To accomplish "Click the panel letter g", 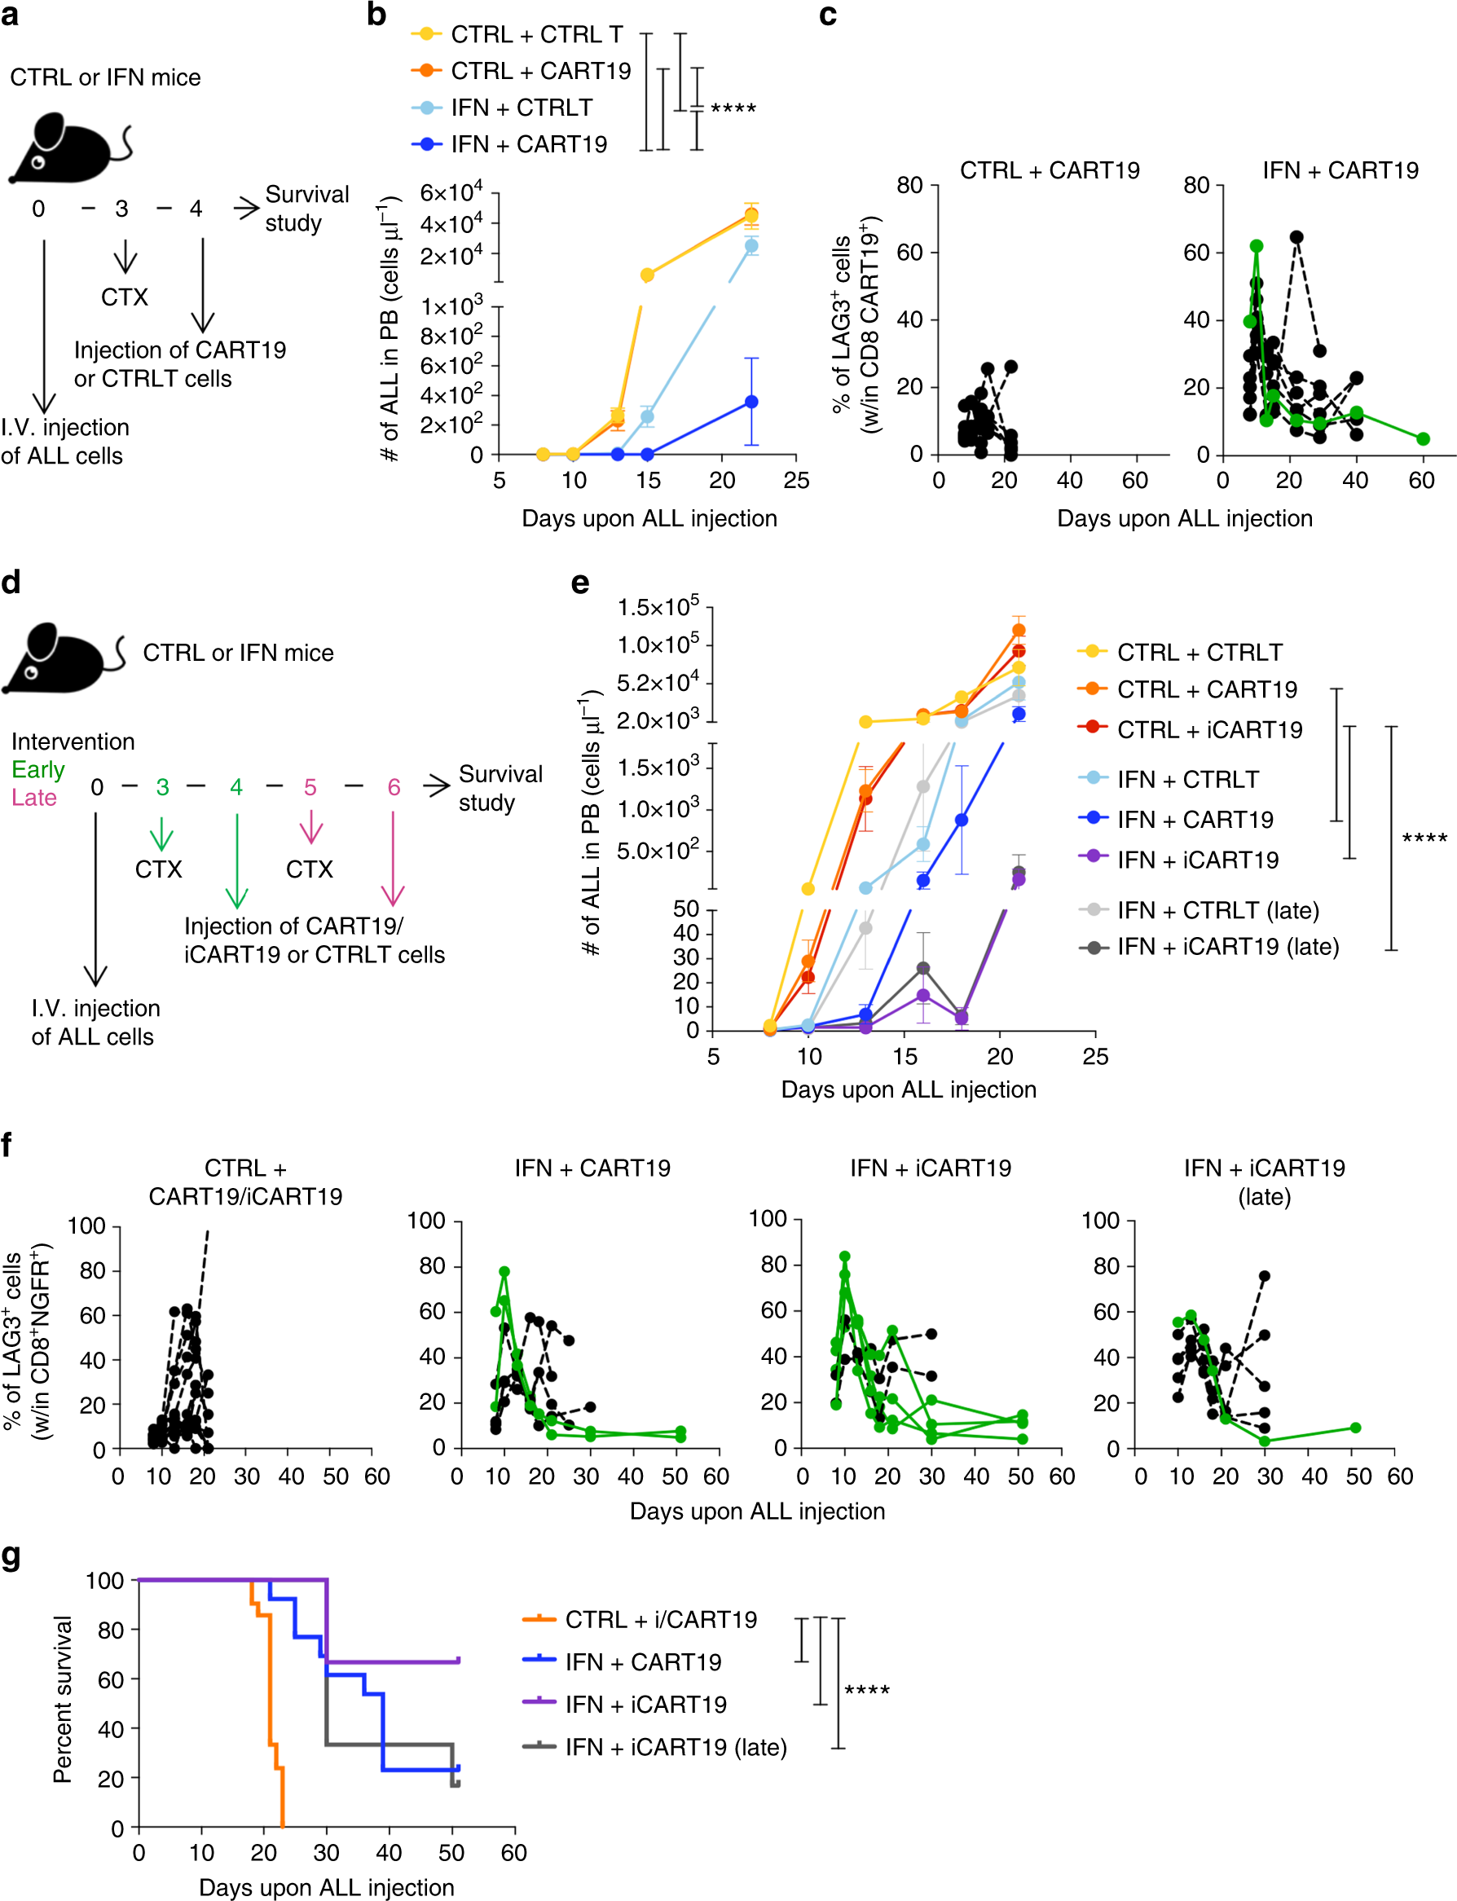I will tap(11, 1556).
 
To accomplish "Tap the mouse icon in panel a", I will tap(68, 148).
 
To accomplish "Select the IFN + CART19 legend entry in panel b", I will tap(528, 144).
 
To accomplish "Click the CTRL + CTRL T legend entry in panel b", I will tap(536, 35).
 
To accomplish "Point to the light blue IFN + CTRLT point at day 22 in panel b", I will tap(751, 246).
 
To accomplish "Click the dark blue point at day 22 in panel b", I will tap(751, 402).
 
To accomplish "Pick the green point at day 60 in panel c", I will tap(1422, 439).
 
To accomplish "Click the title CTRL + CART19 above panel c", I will tap(1050, 170).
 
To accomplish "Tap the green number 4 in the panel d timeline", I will tap(235, 786).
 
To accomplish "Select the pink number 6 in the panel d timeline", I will tap(394, 786).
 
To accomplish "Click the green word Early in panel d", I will tap(38, 769).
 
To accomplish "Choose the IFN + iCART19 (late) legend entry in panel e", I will tap(1227, 946).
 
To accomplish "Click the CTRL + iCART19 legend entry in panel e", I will tap(1209, 729).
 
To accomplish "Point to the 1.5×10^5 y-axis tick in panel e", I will tap(658, 607).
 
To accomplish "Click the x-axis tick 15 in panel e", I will tap(905, 1056).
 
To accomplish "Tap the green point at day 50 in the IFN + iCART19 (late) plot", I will tap(1354, 1428).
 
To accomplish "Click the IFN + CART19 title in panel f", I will tap(592, 1168).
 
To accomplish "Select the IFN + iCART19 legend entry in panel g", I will tap(645, 1704).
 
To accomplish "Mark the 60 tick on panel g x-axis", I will tap(513, 1852).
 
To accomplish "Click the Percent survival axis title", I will tap(63, 1699).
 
